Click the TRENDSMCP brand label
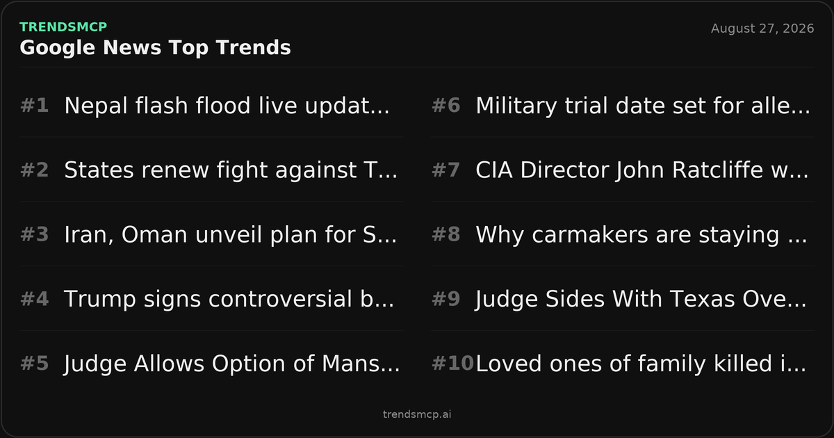[x=63, y=27]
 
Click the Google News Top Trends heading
[x=155, y=48]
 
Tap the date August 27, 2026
[x=762, y=29]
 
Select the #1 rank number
[x=34, y=106]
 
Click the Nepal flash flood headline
[x=227, y=106]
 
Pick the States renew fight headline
[x=231, y=170]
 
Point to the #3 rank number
[x=34, y=235]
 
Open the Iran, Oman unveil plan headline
[x=231, y=235]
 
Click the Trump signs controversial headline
[x=229, y=299]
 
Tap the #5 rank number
[x=34, y=364]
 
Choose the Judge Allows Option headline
[x=232, y=364]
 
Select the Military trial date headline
[x=643, y=106]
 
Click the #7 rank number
[x=445, y=170]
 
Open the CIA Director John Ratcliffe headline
[x=642, y=170]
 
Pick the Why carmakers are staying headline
[x=641, y=235]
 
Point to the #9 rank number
[x=445, y=299]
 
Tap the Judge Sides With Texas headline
[x=641, y=299]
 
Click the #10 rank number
[x=452, y=364]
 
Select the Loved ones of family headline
[x=641, y=364]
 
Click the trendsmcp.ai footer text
[x=417, y=414]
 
